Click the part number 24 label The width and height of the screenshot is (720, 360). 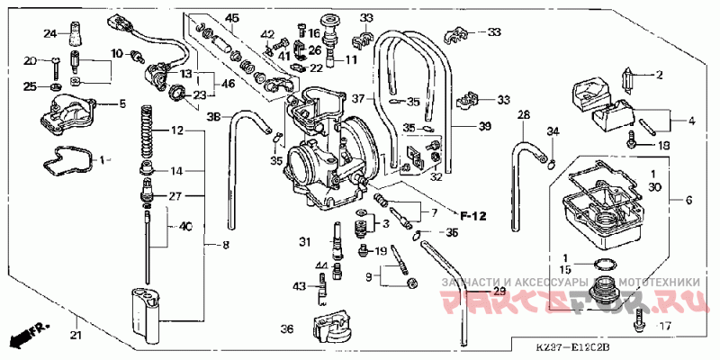pos(50,34)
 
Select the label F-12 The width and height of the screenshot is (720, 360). pos(472,216)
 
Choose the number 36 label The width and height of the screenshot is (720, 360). pos(287,329)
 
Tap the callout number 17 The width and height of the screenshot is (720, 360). pos(665,326)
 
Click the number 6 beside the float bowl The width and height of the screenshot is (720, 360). pos(689,200)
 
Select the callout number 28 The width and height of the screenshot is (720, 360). pos(523,116)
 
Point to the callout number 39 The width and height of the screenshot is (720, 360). pos(484,126)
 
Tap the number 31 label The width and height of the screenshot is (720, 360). pos(305,241)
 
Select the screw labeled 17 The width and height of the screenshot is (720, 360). pos(638,318)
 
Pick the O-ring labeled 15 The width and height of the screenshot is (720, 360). pos(606,265)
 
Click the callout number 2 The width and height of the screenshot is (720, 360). pos(659,75)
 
